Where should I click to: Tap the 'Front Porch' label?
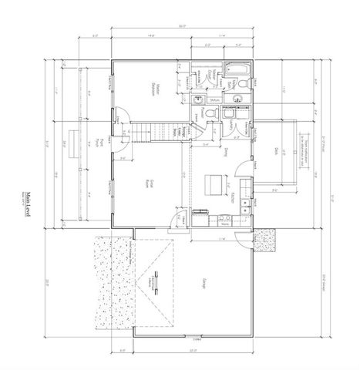click(103, 146)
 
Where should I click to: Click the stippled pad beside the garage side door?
click(266, 240)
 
